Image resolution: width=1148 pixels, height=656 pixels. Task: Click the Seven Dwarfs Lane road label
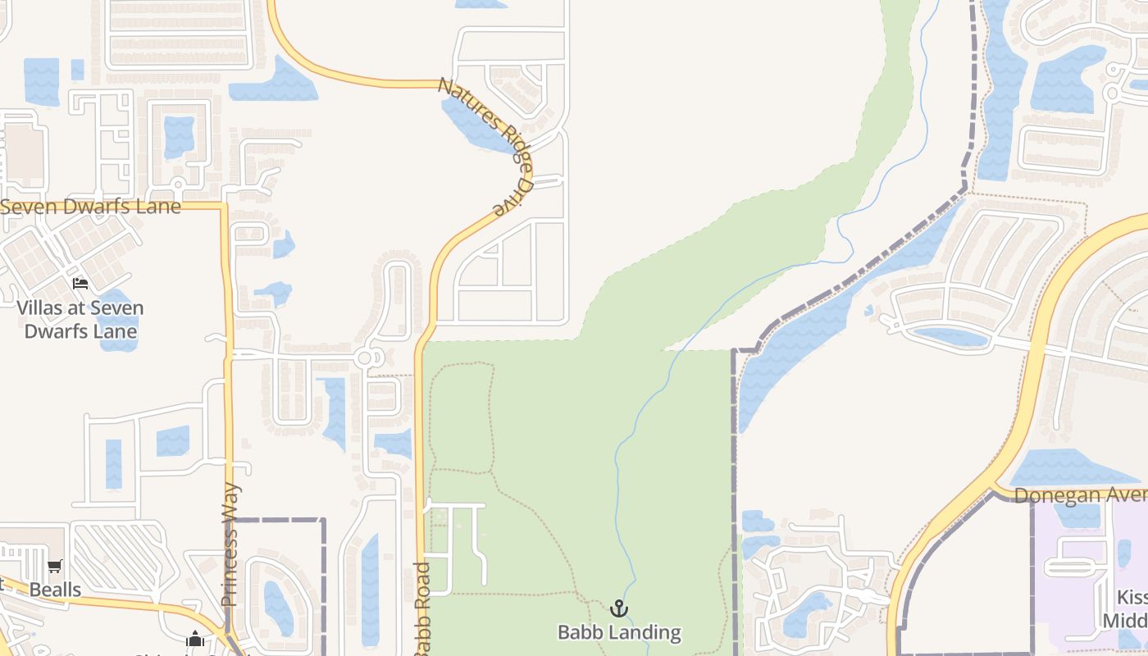point(90,207)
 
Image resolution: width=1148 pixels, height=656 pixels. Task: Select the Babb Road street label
point(422,608)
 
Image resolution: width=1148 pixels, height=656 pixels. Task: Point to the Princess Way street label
point(230,544)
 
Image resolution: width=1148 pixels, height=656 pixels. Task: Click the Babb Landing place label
point(619,632)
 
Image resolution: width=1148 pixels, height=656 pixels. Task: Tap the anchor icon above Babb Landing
point(619,608)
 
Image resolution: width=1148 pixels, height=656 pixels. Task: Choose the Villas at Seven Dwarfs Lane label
point(80,320)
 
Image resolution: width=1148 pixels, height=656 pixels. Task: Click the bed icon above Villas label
point(80,284)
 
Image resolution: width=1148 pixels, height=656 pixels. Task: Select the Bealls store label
point(55,590)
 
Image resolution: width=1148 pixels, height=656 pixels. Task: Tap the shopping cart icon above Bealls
point(55,567)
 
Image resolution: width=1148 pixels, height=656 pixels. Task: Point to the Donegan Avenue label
point(1079,495)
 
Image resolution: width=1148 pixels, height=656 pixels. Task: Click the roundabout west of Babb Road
point(366,358)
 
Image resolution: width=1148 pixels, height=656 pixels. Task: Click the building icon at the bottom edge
point(195,639)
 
